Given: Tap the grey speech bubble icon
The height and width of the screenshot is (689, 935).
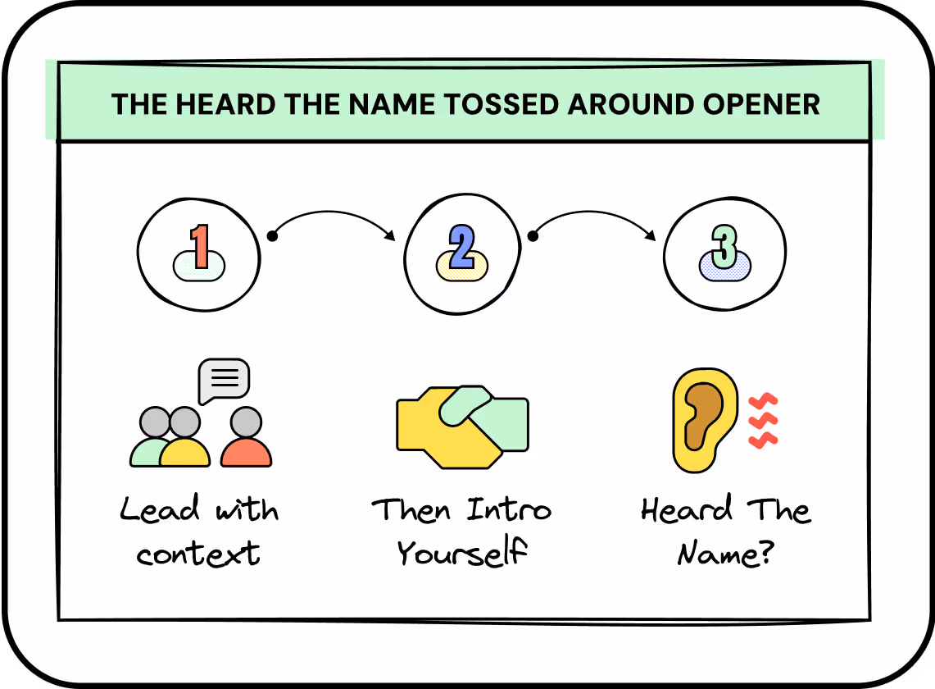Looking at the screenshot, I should [x=224, y=380].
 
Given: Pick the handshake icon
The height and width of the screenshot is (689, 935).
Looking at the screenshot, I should [x=462, y=425].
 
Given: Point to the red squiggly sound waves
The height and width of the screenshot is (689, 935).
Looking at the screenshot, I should [x=763, y=421].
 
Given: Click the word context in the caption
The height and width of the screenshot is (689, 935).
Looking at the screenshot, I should [x=198, y=554].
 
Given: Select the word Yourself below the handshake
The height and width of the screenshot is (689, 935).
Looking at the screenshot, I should [x=461, y=554].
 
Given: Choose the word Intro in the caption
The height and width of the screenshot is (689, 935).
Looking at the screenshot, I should [x=509, y=509].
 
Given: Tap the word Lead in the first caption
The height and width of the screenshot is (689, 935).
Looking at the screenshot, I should [x=160, y=509].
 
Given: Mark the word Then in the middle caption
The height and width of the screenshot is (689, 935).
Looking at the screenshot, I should [x=412, y=509].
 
